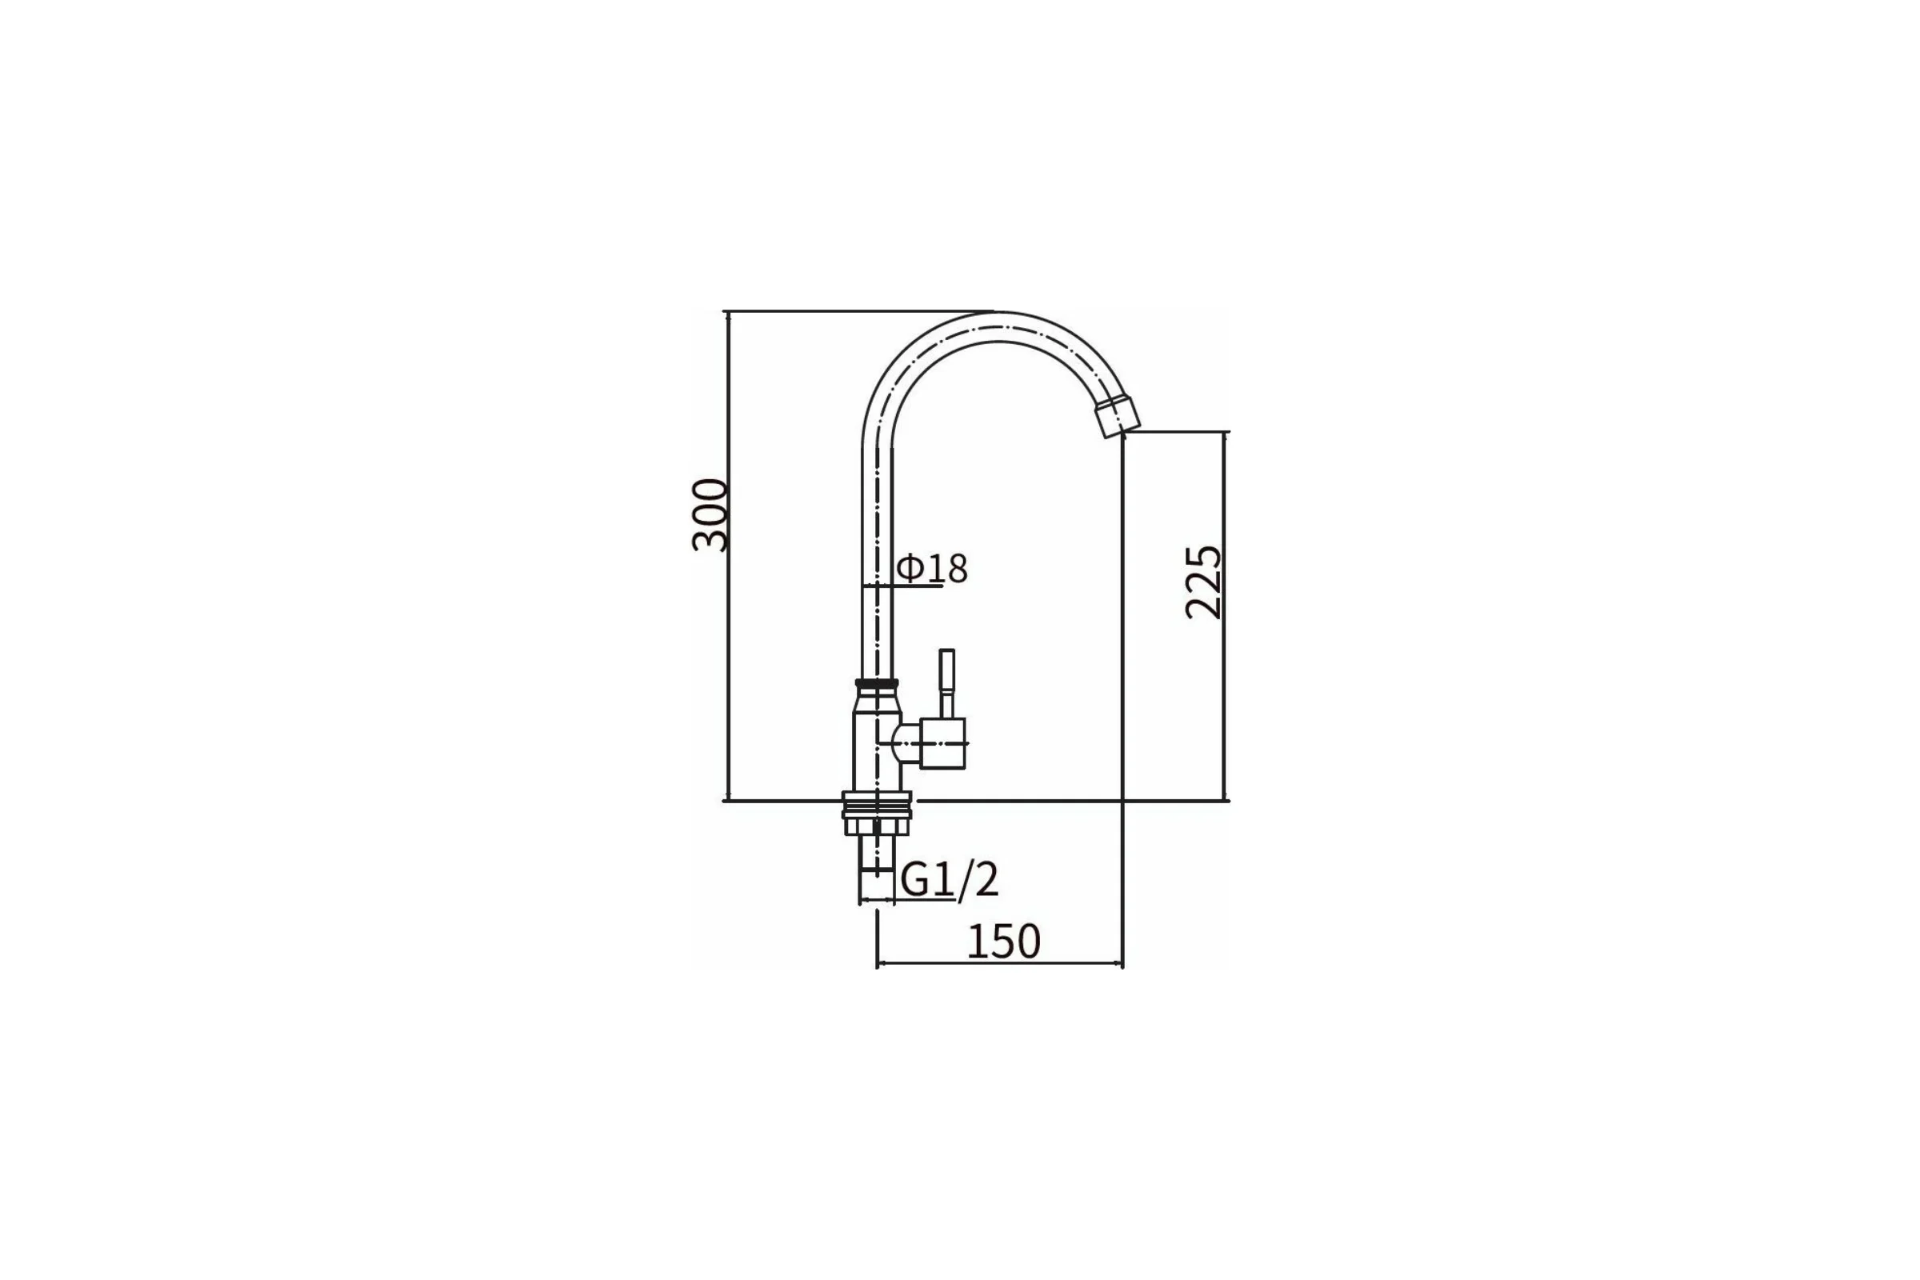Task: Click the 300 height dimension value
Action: [x=709, y=515]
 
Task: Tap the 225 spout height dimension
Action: [x=1203, y=582]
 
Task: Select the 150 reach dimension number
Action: [x=1003, y=942]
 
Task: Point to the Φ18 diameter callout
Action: [x=932, y=569]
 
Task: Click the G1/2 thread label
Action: [x=950, y=880]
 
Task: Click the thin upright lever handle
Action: [x=947, y=683]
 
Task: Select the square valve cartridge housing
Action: [x=943, y=743]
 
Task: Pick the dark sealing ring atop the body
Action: [x=877, y=683]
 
